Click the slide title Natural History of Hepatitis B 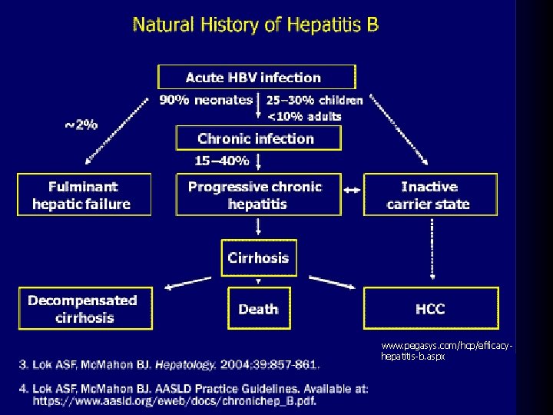click(255, 25)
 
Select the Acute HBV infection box click(257, 77)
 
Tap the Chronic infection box click(257, 138)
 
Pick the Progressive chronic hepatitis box click(257, 195)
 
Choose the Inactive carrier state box click(430, 195)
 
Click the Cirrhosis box click(258, 257)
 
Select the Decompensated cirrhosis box click(84, 309)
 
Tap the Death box click(258, 309)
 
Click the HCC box click(430, 309)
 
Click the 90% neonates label click(205, 100)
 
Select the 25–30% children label click(315, 100)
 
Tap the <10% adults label click(304, 116)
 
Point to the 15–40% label click(222, 161)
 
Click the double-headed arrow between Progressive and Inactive click(352, 190)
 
